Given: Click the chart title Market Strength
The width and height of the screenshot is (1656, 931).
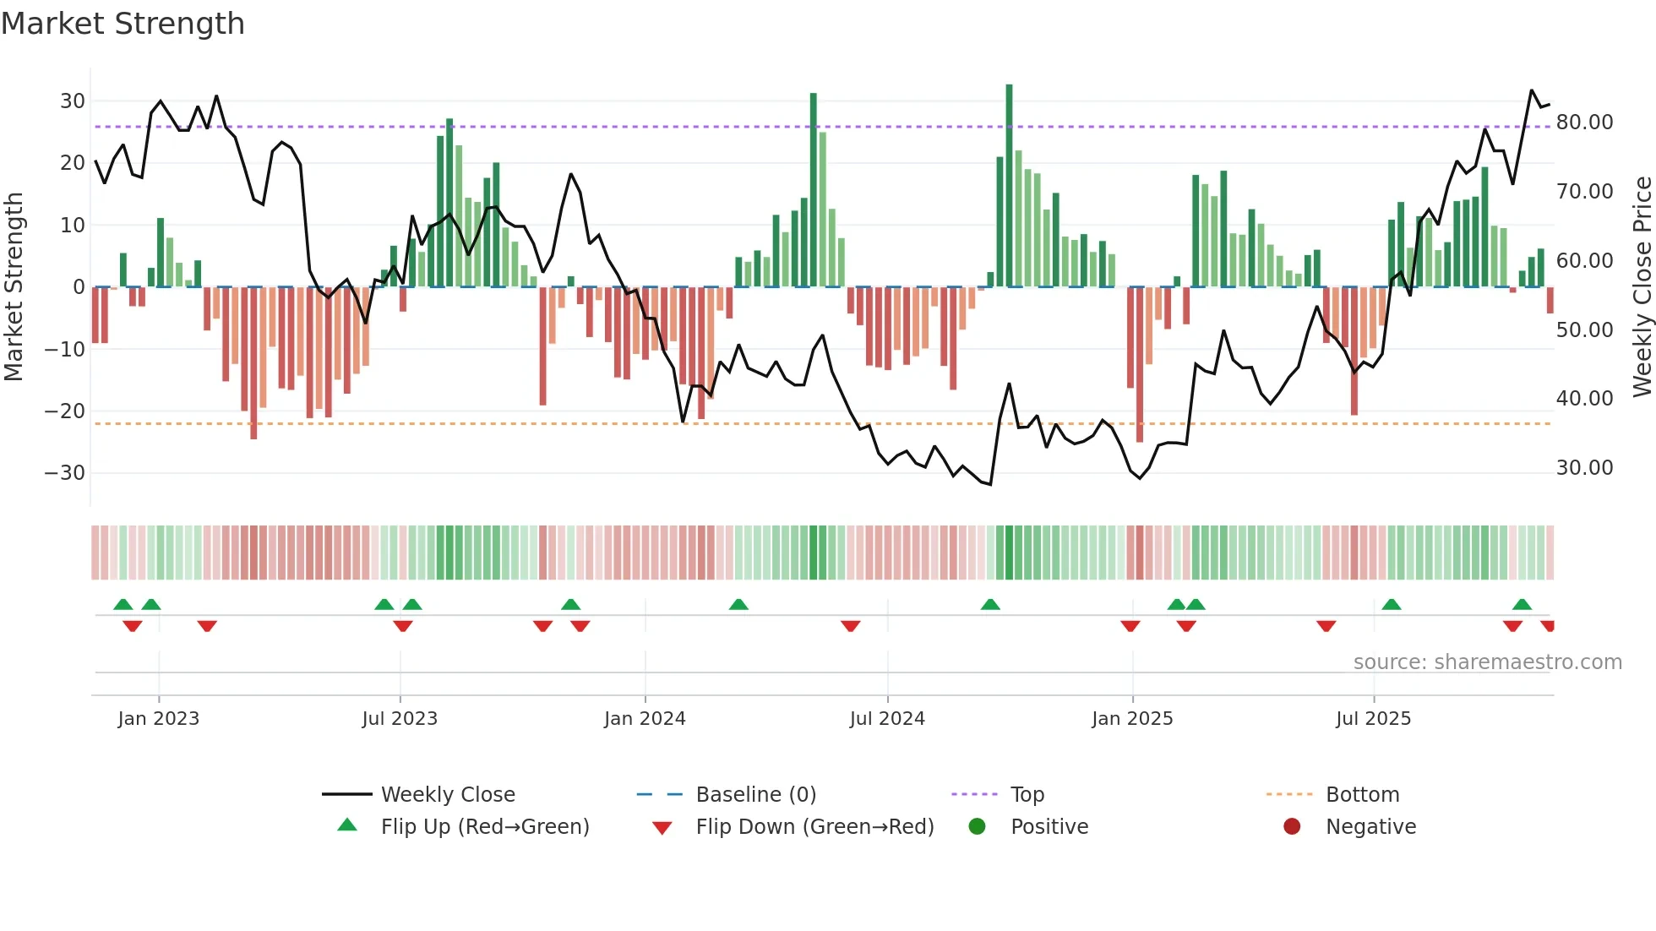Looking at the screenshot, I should (x=123, y=24).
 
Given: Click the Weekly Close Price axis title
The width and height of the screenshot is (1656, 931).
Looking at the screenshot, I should (x=1642, y=287).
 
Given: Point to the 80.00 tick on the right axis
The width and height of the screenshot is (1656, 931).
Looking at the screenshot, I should (x=1584, y=122).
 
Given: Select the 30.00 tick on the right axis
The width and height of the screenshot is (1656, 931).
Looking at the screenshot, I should (x=1584, y=468).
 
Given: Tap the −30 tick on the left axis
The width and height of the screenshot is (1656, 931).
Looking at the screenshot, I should (x=65, y=473).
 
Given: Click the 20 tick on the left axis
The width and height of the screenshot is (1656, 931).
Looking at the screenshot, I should (x=72, y=163).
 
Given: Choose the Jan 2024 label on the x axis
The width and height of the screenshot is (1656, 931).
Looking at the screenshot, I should (x=645, y=719).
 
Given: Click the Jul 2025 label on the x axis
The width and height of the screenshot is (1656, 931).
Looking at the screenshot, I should (x=1373, y=719).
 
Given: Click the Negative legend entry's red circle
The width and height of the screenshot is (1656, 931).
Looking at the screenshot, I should (x=1292, y=827).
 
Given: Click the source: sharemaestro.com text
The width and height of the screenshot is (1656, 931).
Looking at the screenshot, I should (x=1487, y=662).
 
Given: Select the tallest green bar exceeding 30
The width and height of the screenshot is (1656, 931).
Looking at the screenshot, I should (x=1009, y=186).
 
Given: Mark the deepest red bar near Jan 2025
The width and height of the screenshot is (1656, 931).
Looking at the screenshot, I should (x=1140, y=363).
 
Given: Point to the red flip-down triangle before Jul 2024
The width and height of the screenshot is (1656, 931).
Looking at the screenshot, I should (x=851, y=626).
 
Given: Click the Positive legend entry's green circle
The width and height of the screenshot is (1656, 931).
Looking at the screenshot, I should (x=977, y=827).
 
